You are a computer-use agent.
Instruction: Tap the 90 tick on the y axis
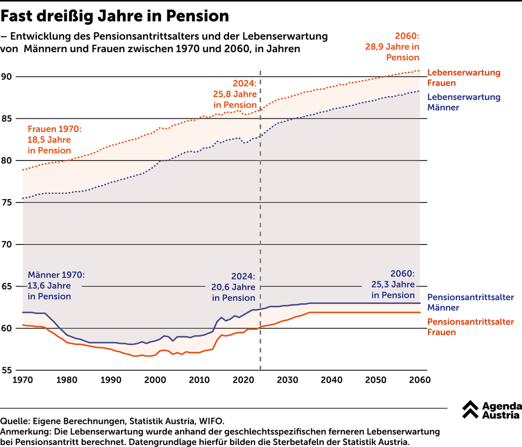pos(6,77)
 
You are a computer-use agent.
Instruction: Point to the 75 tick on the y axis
pos(6,202)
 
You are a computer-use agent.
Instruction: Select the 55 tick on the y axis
pos(6,370)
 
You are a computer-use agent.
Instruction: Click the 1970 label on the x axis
pos(23,380)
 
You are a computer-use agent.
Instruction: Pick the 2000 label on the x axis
pos(155,380)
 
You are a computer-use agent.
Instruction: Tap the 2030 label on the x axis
pos(288,380)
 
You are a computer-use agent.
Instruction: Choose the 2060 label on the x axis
pos(420,380)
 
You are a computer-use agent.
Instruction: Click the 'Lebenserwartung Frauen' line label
pos(464,78)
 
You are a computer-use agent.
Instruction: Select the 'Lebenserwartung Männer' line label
pos(464,102)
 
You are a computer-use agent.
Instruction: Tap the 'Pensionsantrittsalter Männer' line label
pos(470,303)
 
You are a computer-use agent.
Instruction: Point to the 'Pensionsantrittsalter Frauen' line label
pos(470,327)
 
